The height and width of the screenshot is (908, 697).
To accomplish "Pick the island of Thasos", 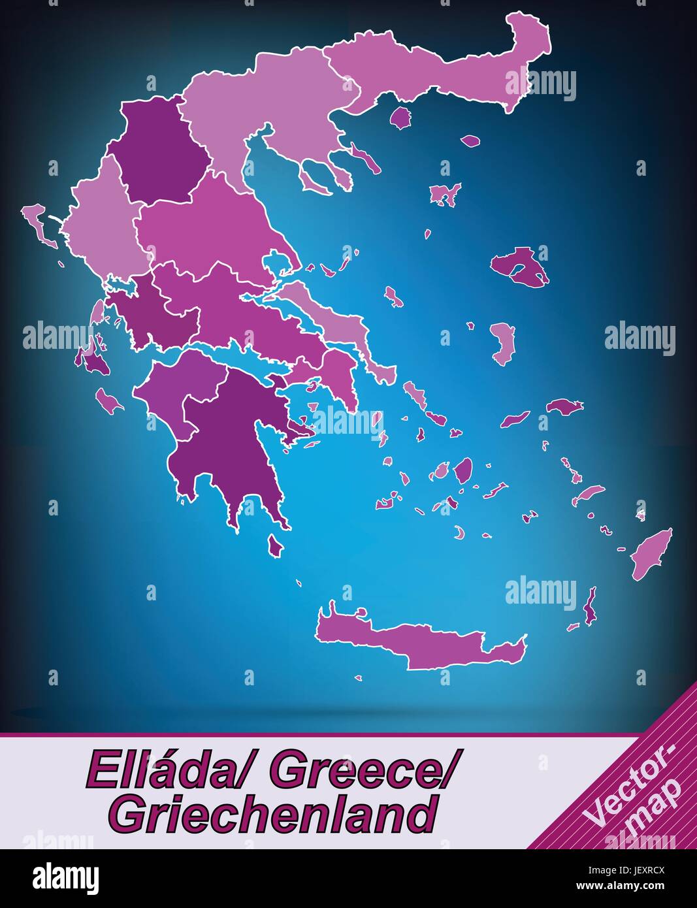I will tap(400, 118).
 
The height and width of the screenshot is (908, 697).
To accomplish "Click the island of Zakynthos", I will tap(108, 400).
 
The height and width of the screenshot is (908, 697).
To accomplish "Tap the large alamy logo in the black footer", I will tap(65, 877).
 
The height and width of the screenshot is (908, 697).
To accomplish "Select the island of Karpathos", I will tap(591, 604).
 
